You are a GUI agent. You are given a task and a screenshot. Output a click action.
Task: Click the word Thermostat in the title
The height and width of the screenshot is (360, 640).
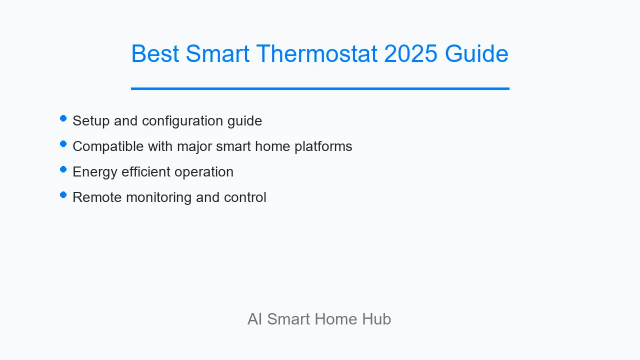tap(316, 53)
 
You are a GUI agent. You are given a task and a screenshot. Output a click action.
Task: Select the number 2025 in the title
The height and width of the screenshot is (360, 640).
tap(410, 53)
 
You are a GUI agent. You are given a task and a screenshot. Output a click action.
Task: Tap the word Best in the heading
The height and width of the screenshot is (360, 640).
tap(155, 53)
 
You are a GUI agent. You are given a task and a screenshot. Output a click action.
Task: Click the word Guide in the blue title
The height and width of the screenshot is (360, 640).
tap(476, 53)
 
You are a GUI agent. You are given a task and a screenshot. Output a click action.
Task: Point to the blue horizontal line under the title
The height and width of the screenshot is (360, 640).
tap(320, 88)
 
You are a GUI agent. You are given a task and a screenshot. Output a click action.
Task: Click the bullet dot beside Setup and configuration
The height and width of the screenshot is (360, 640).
tap(63, 118)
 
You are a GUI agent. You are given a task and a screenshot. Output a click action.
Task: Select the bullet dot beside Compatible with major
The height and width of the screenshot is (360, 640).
tap(63, 143)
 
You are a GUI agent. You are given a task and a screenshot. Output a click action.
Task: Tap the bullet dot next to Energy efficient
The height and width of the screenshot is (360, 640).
tap(63, 169)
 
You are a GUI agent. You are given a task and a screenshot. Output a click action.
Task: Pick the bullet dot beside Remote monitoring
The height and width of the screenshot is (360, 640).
tap(63, 195)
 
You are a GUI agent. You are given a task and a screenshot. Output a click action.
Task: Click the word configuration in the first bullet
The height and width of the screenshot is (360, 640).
tap(182, 121)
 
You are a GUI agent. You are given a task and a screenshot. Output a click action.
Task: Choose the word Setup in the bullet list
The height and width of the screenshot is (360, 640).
tap(91, 121)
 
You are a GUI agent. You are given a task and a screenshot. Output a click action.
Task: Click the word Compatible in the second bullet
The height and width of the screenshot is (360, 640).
tap(108, 146)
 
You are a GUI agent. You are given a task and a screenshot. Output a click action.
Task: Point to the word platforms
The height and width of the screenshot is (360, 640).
tap(323, 146)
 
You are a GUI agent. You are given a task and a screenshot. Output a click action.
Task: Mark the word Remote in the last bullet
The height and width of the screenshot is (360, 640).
tap(97, 197)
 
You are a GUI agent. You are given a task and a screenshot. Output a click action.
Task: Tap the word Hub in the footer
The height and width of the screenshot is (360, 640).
tap(376, 319)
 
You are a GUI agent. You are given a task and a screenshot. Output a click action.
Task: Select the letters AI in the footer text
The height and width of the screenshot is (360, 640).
tap(254, 319)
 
